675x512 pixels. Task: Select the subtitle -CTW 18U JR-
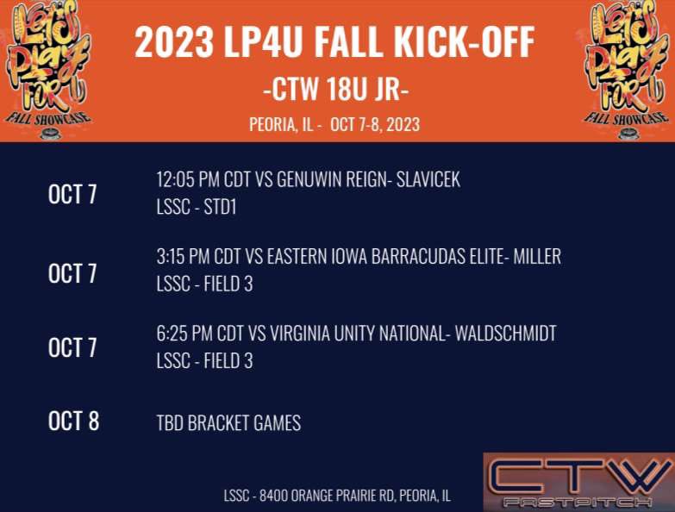point(334,89)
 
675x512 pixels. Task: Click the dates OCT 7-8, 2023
point(376,124)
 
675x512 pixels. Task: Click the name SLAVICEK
point(428,180)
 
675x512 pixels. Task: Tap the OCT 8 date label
point(73,421)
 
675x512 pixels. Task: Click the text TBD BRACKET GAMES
point(228,423)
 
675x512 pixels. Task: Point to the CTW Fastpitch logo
point(578,482)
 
